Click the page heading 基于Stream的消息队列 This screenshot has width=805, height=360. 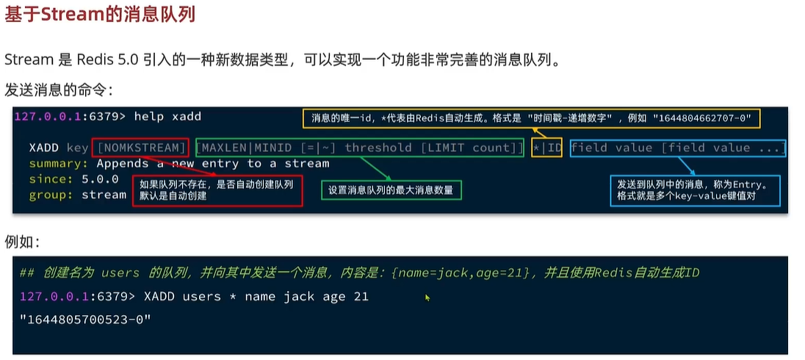100,14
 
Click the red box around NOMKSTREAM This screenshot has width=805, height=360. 140,148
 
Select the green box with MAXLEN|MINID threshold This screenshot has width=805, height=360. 359,148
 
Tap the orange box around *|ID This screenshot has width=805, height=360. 547,148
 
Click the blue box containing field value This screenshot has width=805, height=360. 677,148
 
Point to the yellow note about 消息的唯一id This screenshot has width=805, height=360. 531,118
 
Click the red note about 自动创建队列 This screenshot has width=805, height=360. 217,190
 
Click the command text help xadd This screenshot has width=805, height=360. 167,116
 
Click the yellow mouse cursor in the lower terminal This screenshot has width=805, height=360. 427,298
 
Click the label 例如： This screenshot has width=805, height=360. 23,242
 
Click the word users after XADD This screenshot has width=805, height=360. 202,296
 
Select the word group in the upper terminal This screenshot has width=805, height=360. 48,195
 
